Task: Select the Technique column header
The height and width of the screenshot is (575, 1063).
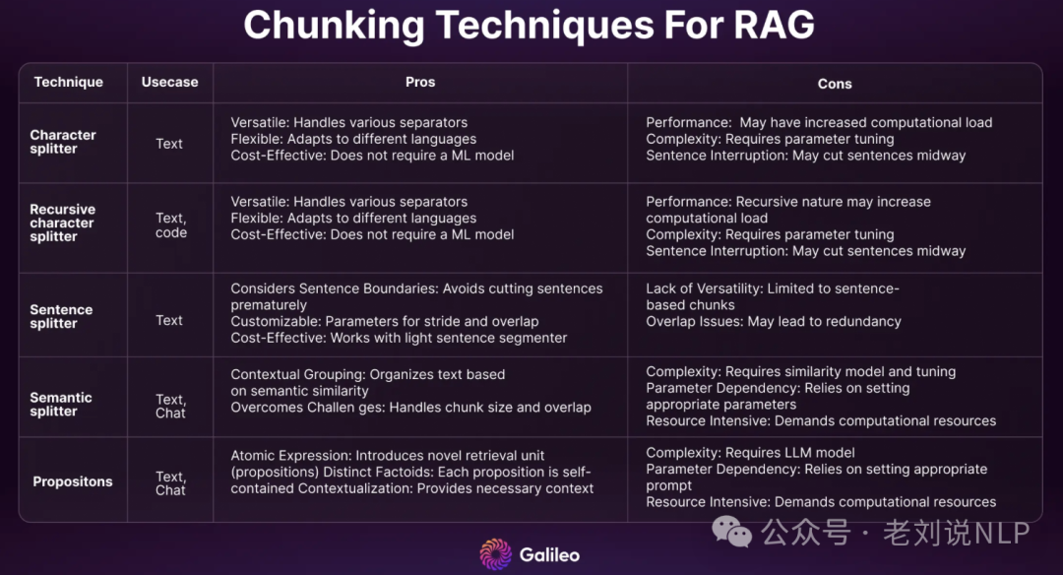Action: coord(69,82)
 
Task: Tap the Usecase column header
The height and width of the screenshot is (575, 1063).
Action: coord(169,82)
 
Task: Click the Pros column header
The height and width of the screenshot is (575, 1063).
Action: coord(420,82)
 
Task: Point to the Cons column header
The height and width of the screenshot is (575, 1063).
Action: coord(835,84)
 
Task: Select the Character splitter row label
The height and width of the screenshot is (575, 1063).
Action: coord(63,142)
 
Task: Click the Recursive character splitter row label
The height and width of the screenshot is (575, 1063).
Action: coord(62,224)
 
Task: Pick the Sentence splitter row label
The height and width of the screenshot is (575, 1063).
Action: coord(61,317)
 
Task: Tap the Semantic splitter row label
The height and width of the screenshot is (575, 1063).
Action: coord(61,404)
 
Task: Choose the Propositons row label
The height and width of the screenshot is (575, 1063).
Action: coord(73,481)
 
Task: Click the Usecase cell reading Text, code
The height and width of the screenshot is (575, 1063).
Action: coord(171,225)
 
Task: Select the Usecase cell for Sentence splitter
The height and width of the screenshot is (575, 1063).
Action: coord(169,320)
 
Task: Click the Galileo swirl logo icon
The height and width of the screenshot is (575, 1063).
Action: coord(496,554)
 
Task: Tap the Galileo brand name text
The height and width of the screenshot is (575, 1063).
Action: coord(550,554)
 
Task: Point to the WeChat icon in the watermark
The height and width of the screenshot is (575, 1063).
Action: coord(731,531)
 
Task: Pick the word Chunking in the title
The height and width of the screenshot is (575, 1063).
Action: coord(335,27)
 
